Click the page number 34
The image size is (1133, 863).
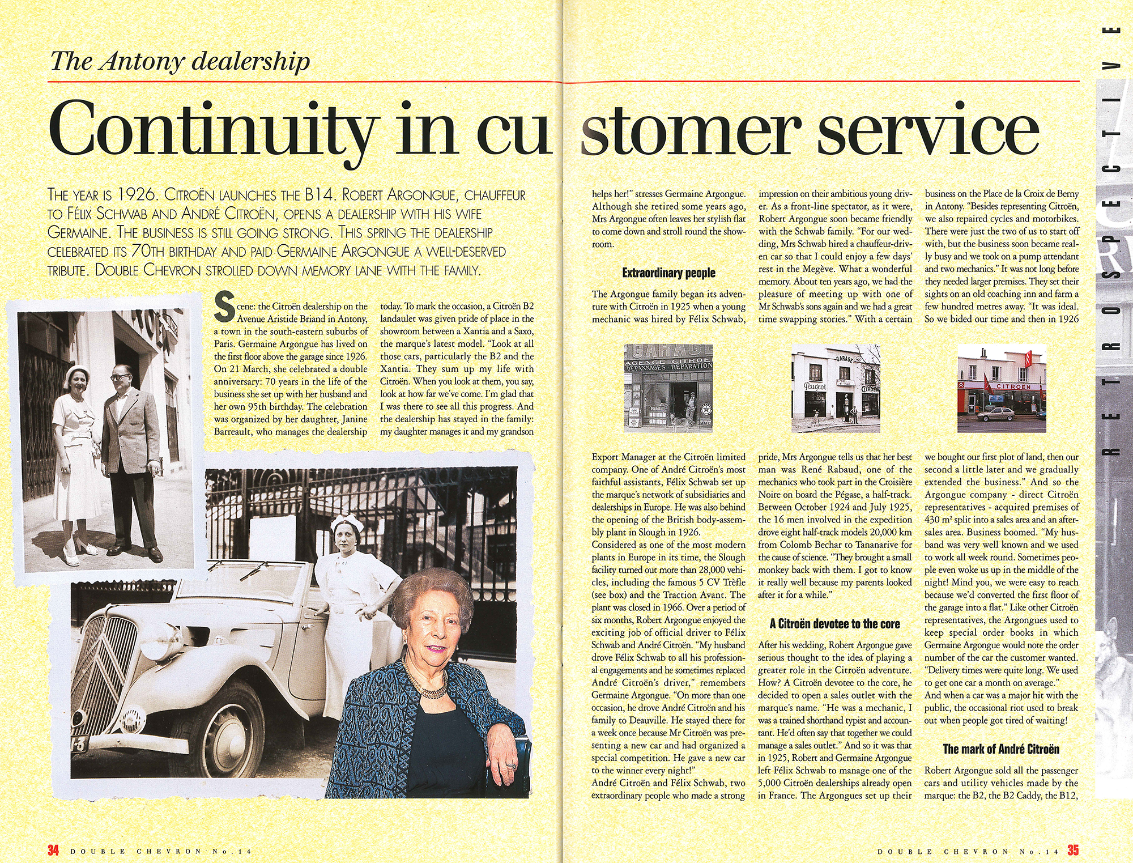coord(53,851)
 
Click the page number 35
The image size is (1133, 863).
coord(1073,851)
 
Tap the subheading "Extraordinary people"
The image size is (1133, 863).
coord(668,273)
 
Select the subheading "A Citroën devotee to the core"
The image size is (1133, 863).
coord(834,624)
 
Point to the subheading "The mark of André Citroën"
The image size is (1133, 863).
coord(1001,749)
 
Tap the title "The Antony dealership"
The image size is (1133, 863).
coord(180,61)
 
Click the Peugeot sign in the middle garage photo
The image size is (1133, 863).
coord(815,386)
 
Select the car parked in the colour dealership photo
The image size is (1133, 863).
coord(996,414)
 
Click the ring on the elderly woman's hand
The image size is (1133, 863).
coord(512,765)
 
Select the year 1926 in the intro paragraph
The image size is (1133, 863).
coord(137,195)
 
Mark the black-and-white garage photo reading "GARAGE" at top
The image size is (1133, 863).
coord(668,388)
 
